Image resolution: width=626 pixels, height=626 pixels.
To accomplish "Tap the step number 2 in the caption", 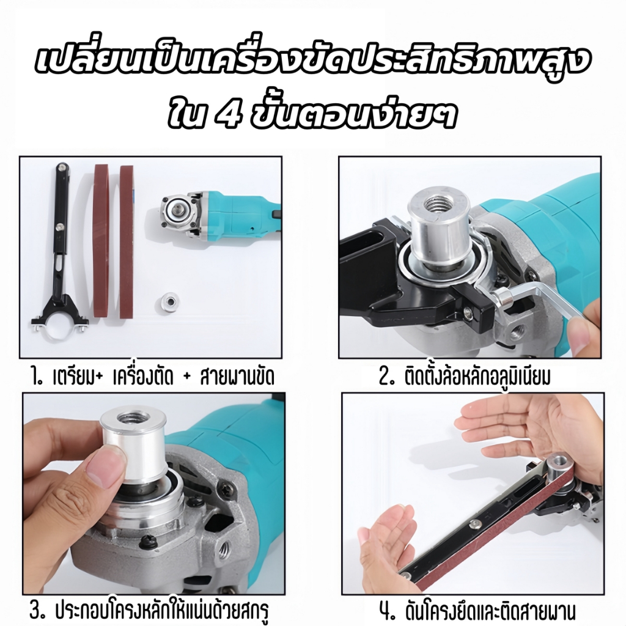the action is (386, 376).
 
